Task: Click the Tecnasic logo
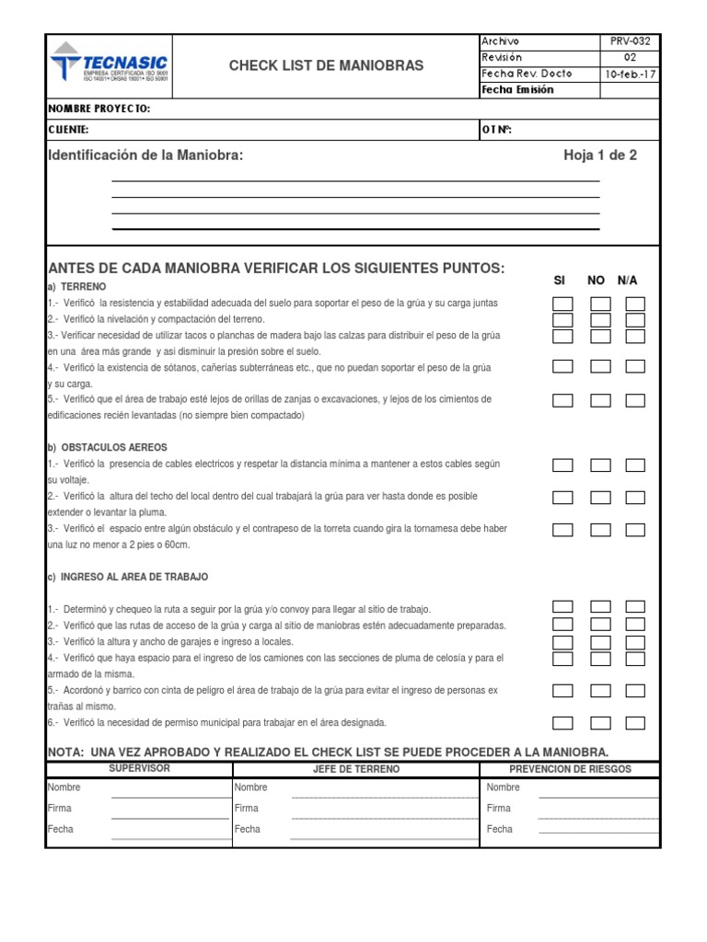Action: pos(109,65)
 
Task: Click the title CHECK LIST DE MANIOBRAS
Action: pos(326,65)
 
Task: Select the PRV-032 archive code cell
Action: pos(630,41)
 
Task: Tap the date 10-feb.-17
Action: pos(630,74)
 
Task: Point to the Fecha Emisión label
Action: pos(517,90)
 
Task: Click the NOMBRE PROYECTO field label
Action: pos(99,109)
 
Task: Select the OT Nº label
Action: pos(496,130)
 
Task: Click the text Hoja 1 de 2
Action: pos(600,155)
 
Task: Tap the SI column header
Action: pos(560,280)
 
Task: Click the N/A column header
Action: pos(628,280)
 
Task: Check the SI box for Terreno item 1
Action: pos(562,304)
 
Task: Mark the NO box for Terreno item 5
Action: pos(600,400)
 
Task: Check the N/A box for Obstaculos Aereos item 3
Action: pos(635,530)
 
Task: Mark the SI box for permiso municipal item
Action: pos(562,723)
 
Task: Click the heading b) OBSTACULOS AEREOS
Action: pos(108,447)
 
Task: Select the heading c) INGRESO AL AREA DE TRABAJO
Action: pos(128,577)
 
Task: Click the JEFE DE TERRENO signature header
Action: pos(355,769)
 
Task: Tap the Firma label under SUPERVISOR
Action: pos(59,809)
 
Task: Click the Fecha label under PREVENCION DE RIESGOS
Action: pos(500,829)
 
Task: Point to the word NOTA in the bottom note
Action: pos(64,752)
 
